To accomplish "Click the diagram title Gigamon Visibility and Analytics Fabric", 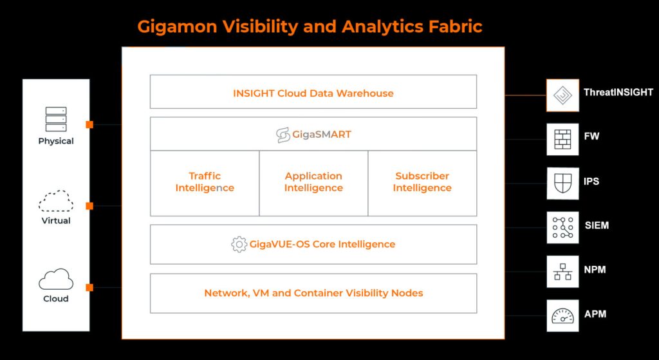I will [x=310, y=26].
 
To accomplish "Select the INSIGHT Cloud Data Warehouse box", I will [x=313, y=93].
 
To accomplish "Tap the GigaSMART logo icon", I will [x=283, y=135].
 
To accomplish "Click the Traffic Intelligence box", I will [x=205, y=182].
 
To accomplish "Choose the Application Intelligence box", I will [x=313, y=182].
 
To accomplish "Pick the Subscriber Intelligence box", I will [x=422, y=182].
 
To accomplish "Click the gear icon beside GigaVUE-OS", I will [x=239, y=245].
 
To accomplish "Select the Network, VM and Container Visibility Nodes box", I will [x=313, y=293].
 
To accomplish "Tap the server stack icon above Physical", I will [x=56, y=120].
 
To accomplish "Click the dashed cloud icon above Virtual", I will [x=56, y=201].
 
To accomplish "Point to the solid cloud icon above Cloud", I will [x=56, y=279].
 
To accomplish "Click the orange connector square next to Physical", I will [x=89, y=124].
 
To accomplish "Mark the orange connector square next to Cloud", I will [x=89, y=287].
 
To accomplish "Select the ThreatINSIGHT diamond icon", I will [x=562, y=95].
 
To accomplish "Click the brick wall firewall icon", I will [x=562, y=138].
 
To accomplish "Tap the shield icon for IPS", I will [x=562, y=183].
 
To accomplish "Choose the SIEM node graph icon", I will [x=562, y=227].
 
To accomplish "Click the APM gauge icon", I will [x=562, y=316].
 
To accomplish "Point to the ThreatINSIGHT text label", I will [x=618, y=93].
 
